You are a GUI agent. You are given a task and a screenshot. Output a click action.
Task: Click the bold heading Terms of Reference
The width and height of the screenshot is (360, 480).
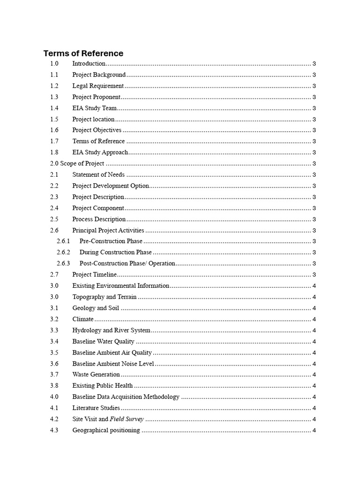coord(83,53)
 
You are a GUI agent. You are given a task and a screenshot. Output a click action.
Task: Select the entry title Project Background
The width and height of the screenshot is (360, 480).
coord(99,75)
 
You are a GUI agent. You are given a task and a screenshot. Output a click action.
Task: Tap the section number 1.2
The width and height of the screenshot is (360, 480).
coord(54,86)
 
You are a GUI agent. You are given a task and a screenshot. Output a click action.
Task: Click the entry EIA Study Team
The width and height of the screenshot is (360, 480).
coord(94,108)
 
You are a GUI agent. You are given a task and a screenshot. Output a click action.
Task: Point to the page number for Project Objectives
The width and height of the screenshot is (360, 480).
coord(314,130)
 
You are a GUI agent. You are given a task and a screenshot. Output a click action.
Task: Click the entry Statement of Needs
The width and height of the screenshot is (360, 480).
coord(98,175)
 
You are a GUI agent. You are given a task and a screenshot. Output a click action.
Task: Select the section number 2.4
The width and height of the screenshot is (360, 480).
coord(54,208)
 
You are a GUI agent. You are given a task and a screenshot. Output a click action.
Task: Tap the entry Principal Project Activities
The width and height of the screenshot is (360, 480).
coord(108,230)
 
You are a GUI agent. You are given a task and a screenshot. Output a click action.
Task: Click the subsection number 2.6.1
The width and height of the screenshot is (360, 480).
coord(63,241)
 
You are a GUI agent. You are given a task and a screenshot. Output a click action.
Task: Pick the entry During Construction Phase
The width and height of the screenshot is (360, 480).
coord(116,252)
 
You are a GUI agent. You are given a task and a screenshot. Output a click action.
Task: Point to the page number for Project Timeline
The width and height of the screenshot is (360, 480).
coord(314,275)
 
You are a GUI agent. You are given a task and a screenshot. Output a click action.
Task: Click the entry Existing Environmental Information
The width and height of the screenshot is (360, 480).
coord(120,285)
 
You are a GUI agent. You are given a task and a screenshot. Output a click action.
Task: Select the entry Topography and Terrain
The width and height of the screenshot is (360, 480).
coord(105,297)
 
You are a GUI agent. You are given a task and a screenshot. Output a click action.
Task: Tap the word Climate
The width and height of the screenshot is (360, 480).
coord(83,319)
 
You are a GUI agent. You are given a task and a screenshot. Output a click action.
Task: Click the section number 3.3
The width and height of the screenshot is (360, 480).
coord(54,330)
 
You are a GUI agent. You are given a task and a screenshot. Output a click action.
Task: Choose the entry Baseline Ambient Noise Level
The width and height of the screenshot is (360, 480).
coord(113,364)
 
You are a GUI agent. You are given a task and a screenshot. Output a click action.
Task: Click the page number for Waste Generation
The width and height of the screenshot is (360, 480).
coord(314,375)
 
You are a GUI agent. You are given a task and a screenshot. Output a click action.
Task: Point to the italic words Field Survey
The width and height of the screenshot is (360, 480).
coord(127,419)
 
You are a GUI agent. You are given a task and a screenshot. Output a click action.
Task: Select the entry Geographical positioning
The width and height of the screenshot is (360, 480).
coord(106,430)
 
